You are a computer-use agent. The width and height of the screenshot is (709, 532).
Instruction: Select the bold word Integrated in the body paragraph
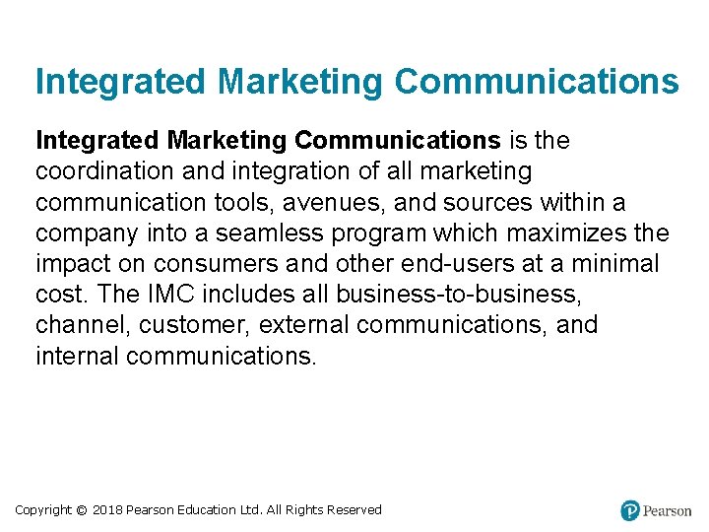click(90, 141)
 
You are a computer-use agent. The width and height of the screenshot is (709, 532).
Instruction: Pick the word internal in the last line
click(77, 356)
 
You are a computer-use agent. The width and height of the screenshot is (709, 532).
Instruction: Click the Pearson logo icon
click(630, 510)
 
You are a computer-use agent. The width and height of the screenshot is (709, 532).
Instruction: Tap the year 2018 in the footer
click(107, 510)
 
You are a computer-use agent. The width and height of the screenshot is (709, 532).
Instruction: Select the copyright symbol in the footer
click(82, 510)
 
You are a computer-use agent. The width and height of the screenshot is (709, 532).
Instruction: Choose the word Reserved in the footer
click(352, 510)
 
